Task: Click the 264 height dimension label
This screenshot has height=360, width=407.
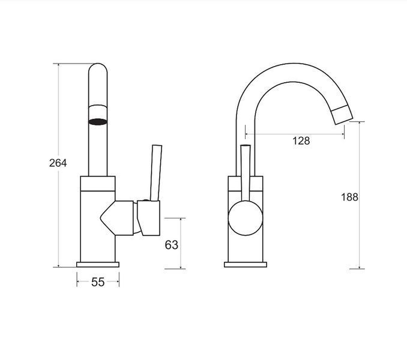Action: (x=58, y=163)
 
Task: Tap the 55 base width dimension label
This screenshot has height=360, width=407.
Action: (x=98, y=282)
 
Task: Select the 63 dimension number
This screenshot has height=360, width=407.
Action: (x=172, y=245)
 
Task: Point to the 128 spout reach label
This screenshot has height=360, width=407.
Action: (x=301, y=141)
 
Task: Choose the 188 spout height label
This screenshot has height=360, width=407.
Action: (x=349, y=197)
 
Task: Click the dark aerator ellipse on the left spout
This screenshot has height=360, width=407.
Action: (x=98, y=122)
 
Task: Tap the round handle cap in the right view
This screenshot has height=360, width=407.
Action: (x=246, y=218)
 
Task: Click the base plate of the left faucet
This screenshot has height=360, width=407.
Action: (x=98, y=265)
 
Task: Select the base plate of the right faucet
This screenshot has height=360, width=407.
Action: (x=246, y=265)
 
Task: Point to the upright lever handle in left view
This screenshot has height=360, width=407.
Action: (x=156, y=173)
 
